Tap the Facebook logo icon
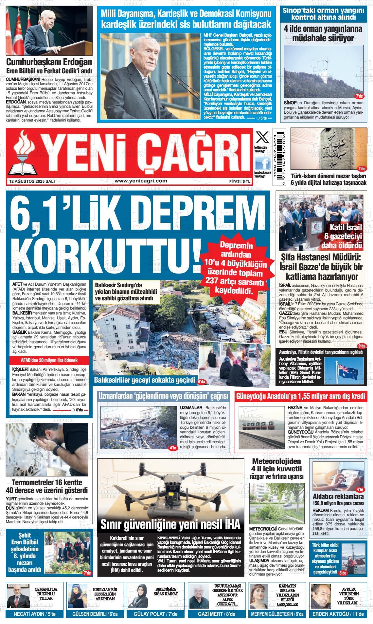[x=263, y=163]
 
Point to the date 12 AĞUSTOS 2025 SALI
[x=32, y=181]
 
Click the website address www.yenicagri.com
[x=141, y=181]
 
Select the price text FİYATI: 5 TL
[x=240, y=181]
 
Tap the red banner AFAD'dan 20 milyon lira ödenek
[x=49, y=360]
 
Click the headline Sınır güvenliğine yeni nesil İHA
[x=170, y=524]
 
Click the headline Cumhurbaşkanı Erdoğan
[x=49, y=62]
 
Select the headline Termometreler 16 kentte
[x=47, y=482]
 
